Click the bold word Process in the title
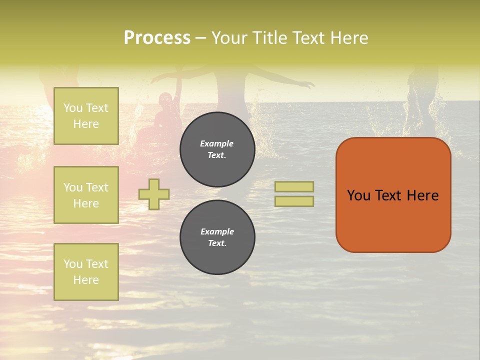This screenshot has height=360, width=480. coord(157,38)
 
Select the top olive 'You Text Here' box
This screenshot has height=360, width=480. coord(86,116)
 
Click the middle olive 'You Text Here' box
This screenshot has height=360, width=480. coord(86,195)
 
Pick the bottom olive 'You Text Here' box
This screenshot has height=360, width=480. coord(86,272)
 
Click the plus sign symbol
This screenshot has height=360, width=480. coord(154,194)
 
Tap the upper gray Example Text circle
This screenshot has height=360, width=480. coord(217,149)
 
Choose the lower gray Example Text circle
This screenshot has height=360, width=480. coord(217,237)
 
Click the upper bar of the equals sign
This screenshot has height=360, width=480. coord(294,187)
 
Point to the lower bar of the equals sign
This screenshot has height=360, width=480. coord(294,201)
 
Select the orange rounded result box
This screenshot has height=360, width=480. coord(393,195)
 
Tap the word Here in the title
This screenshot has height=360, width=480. coord(348,38)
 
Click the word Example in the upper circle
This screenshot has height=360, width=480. coord(217,144)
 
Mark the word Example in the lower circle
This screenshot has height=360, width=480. coord(217,232)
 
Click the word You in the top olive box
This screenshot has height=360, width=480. coord(72,108)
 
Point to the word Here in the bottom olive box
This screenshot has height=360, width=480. coord(86,280)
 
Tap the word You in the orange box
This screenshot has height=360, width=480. coord(358,195)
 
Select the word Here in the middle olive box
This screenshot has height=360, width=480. coord(86,203)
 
